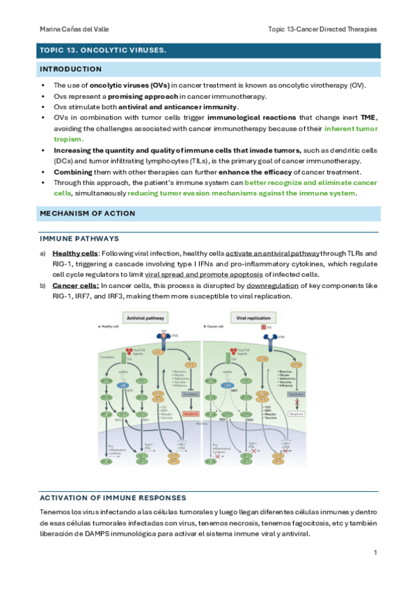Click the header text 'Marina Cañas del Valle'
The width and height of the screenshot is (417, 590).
[x=72, y=29]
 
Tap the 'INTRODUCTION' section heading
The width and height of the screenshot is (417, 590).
[x=70, y=69]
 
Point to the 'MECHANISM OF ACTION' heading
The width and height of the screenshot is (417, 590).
[x=88, y=213]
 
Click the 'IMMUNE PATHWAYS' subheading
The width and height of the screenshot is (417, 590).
[x=74, y=238]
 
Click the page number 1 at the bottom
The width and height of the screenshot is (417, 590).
[x=375, y=552]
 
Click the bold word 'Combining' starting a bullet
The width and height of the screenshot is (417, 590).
[x=75, y=172]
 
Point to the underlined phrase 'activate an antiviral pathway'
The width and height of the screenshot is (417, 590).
[x=273, y=253]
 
